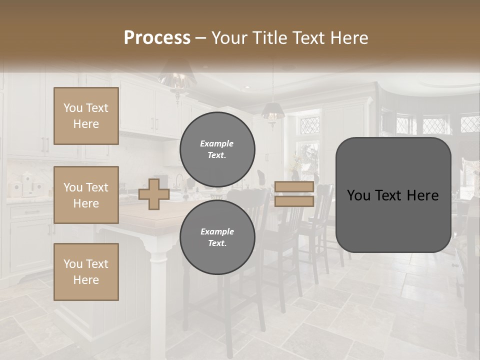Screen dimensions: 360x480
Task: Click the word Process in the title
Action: (157, 38)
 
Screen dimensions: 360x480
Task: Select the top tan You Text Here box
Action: (86, 116)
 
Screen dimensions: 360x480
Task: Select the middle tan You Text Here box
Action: (86, 195)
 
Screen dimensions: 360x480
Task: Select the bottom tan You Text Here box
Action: (86, 271)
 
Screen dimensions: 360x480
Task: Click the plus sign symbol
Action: (154, 194)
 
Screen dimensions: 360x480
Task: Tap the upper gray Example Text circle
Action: (217, 149)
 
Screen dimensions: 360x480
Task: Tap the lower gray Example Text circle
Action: (217, 237)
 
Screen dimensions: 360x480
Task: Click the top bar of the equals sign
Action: (294, 187)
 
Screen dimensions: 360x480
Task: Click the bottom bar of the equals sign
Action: (294, 201)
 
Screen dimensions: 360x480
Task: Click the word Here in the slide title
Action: (349, 38)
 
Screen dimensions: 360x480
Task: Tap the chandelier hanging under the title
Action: (176, 80)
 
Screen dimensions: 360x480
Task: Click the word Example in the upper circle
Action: (217, 143)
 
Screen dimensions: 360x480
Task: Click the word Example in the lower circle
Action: (217, 231)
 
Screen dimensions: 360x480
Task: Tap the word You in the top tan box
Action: (73, 108)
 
